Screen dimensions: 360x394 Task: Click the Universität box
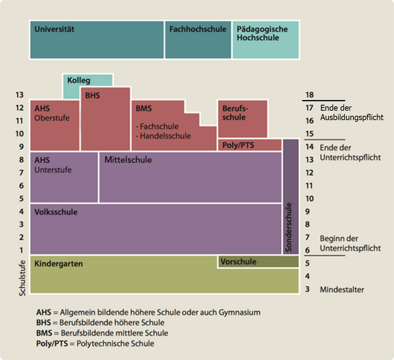(x=97, y=40)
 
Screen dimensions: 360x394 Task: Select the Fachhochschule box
(x=198, y=40)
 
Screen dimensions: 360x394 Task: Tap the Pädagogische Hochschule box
(x=265, y=40)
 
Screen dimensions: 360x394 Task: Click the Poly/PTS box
(x=249, y=145)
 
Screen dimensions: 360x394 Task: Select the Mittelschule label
(x=128, y=160)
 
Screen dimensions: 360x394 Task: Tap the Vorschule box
(x=258, y=262)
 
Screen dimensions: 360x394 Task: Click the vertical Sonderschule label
(x=290, y=227)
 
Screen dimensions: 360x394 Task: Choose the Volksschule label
(x=56, y=212)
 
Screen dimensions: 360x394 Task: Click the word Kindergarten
(x=59, y=264)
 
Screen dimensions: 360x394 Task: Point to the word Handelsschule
(x=165, y=136)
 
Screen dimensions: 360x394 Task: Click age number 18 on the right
(x=309, y=95)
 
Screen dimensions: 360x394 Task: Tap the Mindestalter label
(x=342, y=290)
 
